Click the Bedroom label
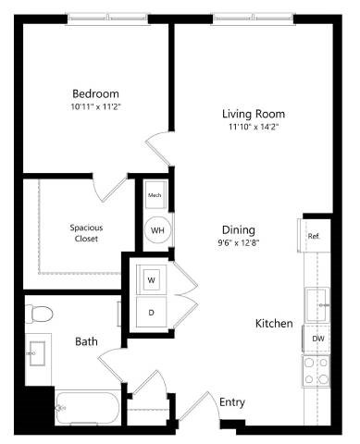pyautogui.click(x=95, y=93)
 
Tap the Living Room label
pyautogui.click(x=250, y=114)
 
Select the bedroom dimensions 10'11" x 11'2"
pyautogui.click(x=95, y=107)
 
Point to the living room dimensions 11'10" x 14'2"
pyautogui.click(x=250, y=129)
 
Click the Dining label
pyautogui.click(x=238, y=230)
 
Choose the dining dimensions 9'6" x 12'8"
pyautogui.click(x=238, y=244)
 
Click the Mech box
pyautogui.click(x=155, y=196)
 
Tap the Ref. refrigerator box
pyautogui.click(x=315, y=237)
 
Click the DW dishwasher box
pyautogui.click(x=317, y=339)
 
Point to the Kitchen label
pyautogui.click(x=275, y=324)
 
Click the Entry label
pyautogui.click(x=231, y=402)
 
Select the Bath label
pyautogui.click(x=87, y=342)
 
